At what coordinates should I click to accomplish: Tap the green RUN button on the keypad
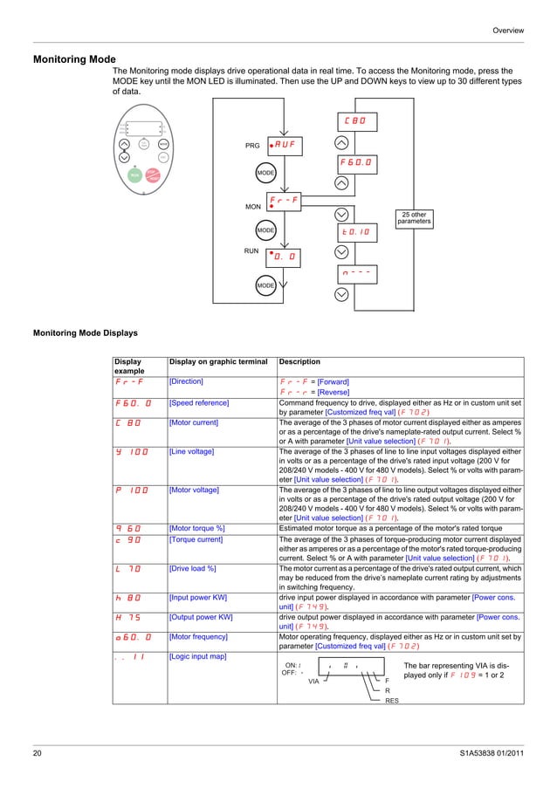point(135,175)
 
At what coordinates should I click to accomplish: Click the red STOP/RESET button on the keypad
point(152,175)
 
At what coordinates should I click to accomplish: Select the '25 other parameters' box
point(414,217)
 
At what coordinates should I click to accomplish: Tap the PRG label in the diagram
point(251,146)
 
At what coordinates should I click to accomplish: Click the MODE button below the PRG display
point(265,174)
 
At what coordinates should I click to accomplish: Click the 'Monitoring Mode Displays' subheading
point(84,332)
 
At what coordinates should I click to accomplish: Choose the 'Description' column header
point(299,361)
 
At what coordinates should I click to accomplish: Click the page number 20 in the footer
point(38,752)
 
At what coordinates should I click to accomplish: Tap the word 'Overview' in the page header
point(508,31)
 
